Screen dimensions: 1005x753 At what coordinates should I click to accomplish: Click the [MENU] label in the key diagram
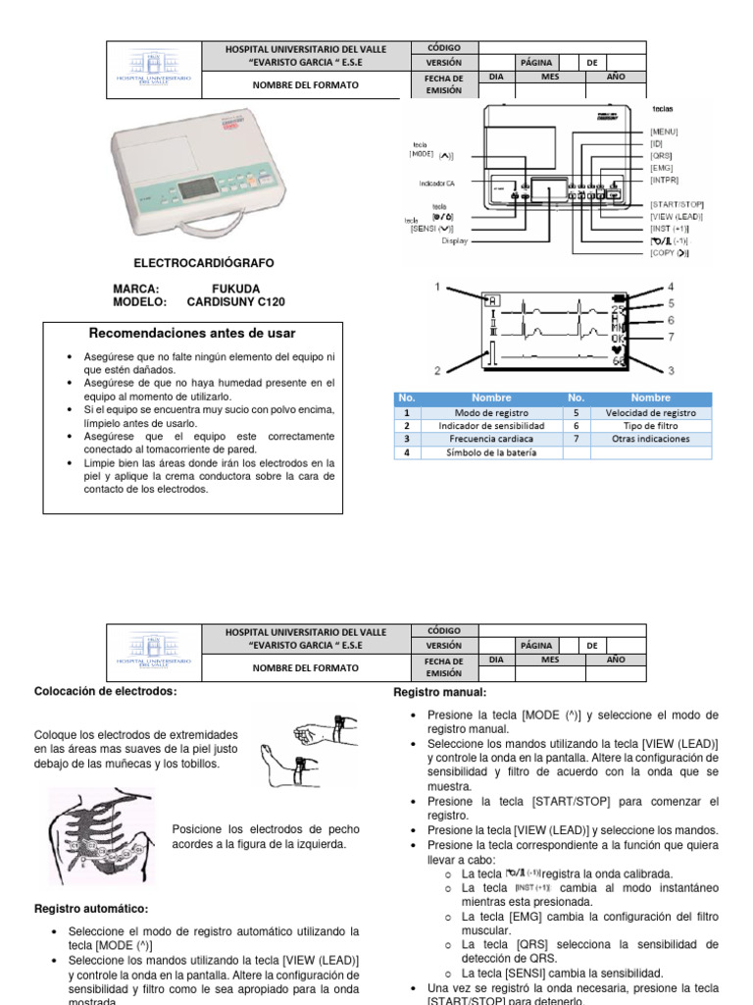click(x=665, y=131)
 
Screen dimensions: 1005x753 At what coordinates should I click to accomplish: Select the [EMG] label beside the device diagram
click(x=662, y=168)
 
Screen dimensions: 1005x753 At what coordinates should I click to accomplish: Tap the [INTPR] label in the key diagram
click(x=664, y=180)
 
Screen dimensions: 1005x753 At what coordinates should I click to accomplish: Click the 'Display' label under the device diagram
click(x=454, y=239)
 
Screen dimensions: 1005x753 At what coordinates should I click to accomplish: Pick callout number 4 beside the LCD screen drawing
click(x=671, y=287)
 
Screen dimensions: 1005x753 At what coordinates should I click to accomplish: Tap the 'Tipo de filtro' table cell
click(x=651, y=427)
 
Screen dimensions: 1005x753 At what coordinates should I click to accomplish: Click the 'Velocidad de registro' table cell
click(x=651, y=414)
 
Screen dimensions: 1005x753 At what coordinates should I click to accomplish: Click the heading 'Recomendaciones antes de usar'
click(x=192, y=334)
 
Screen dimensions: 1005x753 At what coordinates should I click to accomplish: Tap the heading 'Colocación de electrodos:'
click(x=106, y=693)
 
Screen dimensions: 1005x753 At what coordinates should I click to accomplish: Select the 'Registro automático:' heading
click(x=91, y=909)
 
